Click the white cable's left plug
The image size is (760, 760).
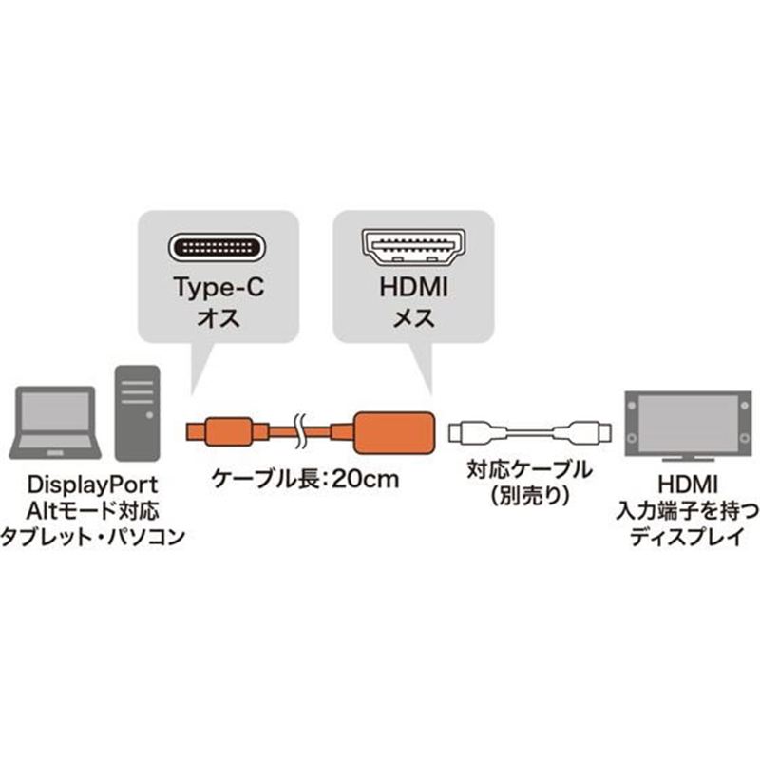pyautogui.click(x=470, y=433)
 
